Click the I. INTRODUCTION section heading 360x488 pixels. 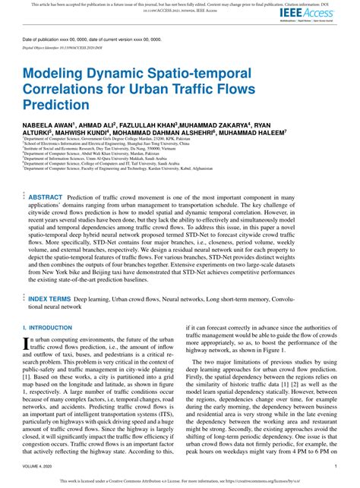tap(47, 327)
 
